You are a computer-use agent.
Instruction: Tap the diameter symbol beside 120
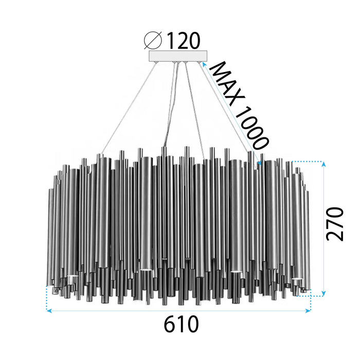coord(154,40)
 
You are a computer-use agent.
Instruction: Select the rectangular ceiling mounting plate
coord(177,56)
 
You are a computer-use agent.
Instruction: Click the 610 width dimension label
coord(182,325)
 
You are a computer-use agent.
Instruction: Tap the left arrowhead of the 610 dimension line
coord(48,311)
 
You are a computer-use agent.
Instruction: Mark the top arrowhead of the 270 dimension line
coord(323,164)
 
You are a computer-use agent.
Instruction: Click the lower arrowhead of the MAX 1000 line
coord(260,164)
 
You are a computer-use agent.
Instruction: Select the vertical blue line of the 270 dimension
coord(323,229)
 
